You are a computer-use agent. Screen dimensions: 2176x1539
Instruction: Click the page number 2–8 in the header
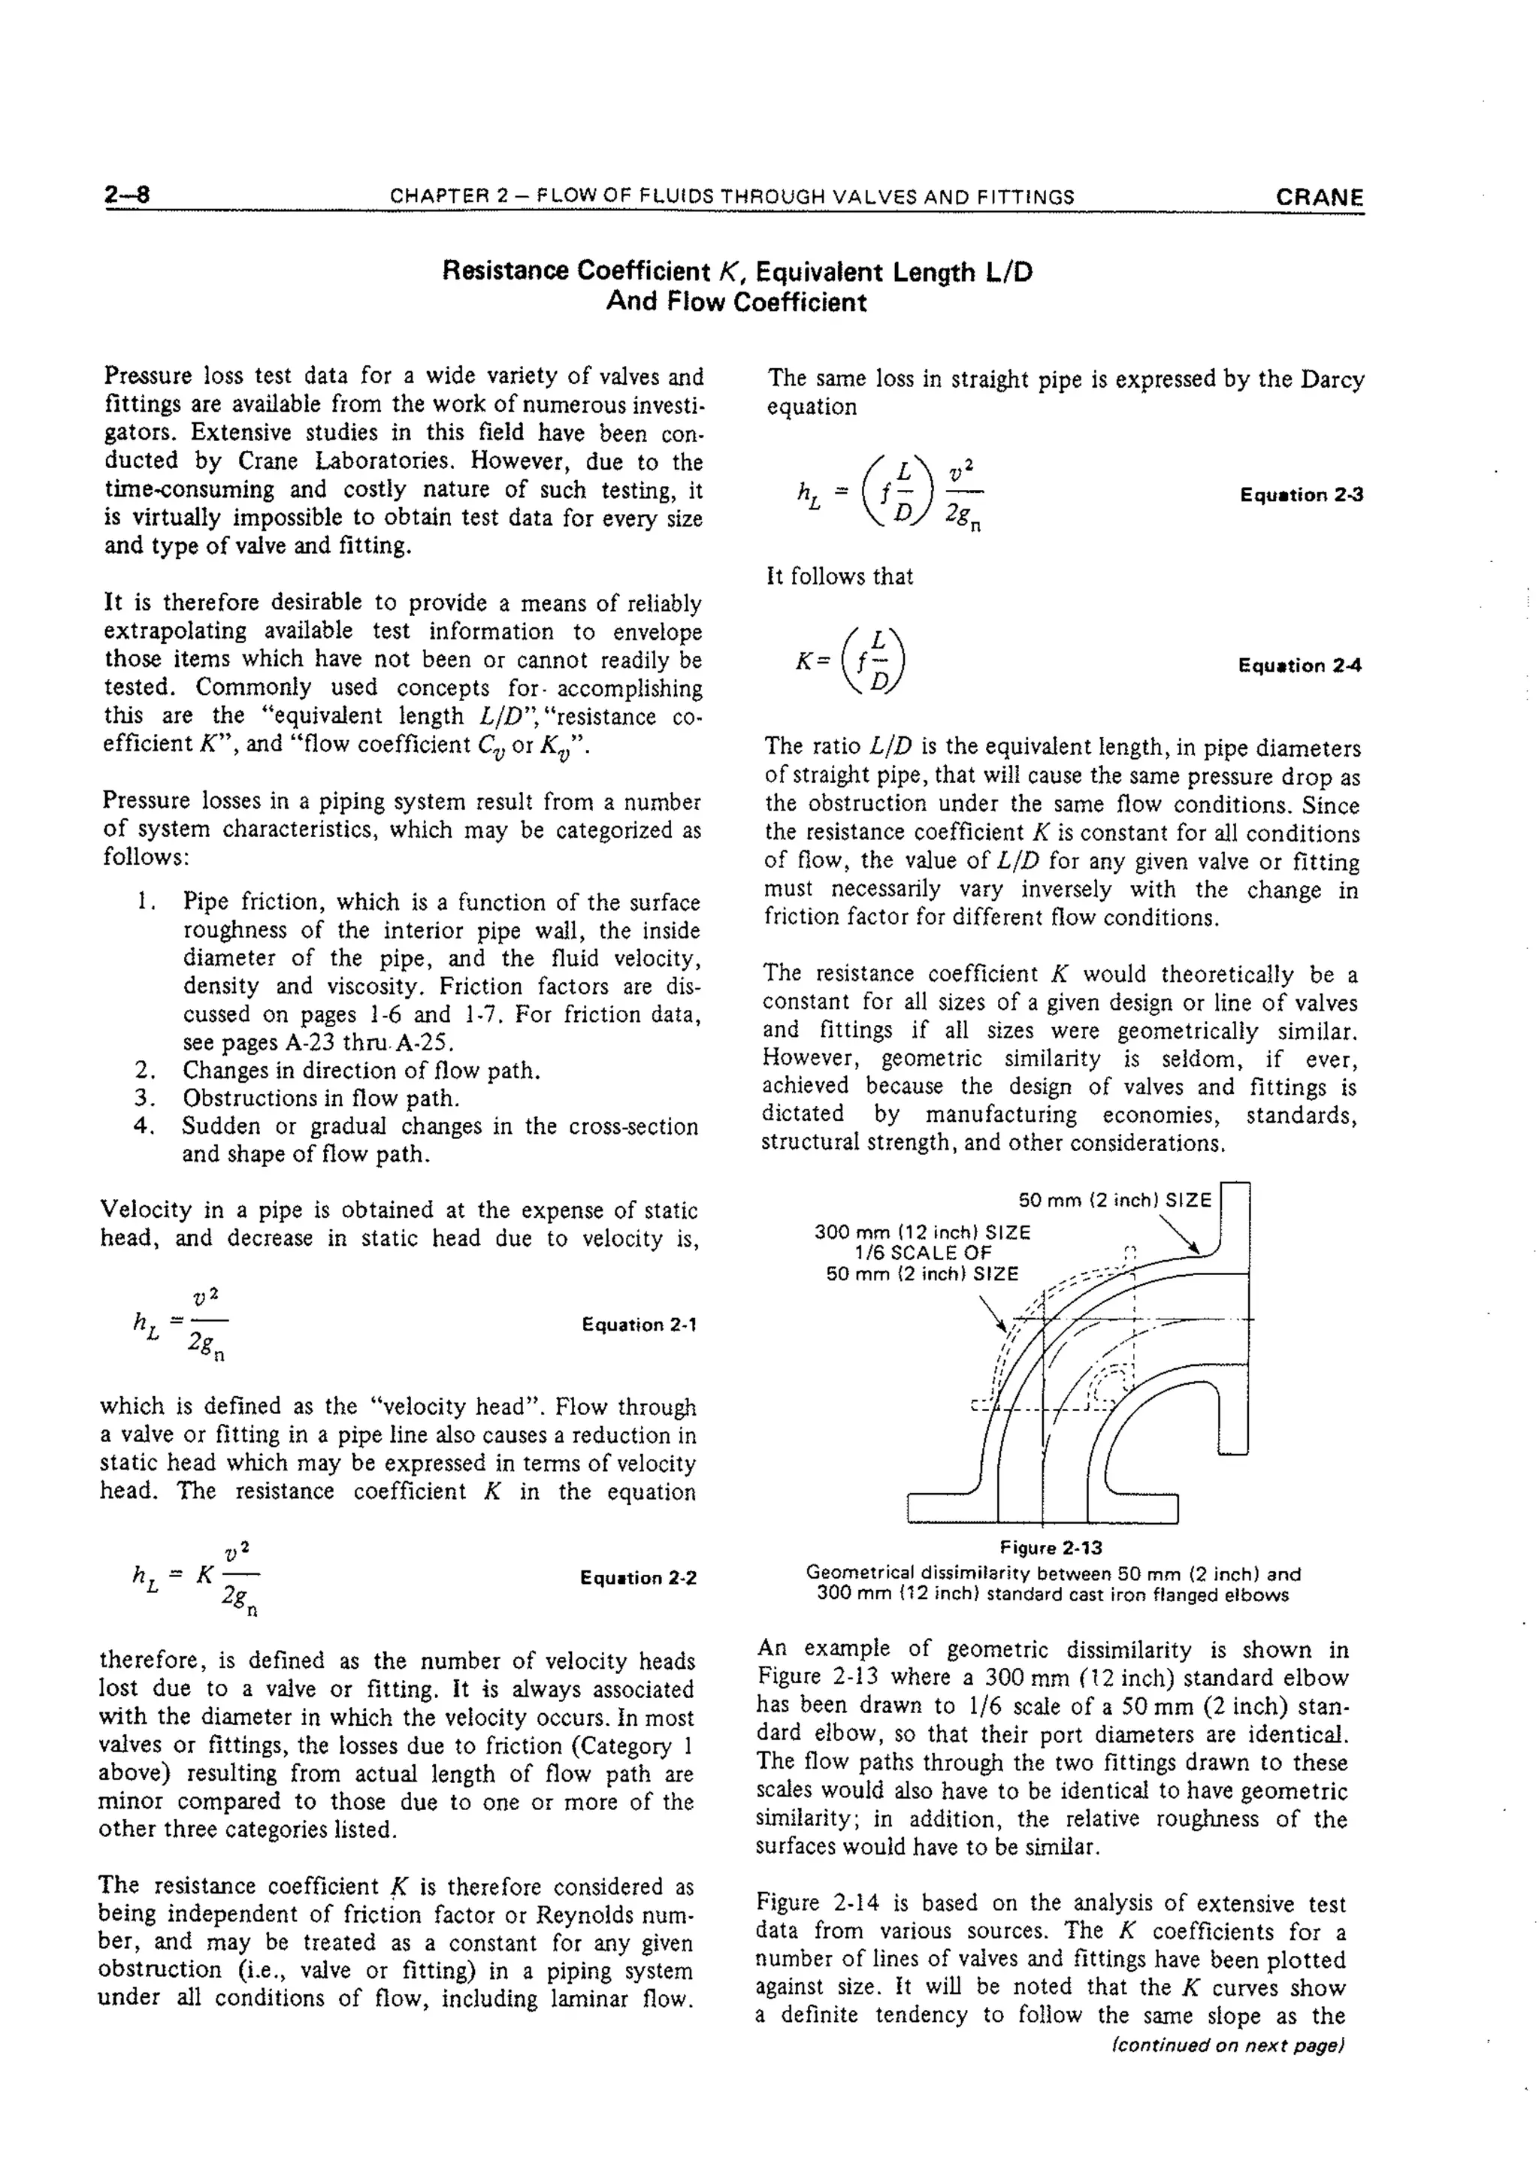(127, 195)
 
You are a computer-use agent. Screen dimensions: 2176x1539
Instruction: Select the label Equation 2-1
(639, 1324)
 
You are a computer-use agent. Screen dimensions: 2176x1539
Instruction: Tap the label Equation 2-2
(638, 1578)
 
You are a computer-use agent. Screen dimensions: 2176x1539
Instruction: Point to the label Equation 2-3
(1300, 494)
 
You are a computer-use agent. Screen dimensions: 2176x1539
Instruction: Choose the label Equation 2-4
(1299, 665)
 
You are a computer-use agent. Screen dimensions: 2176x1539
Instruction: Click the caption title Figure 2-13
(1051, 1548)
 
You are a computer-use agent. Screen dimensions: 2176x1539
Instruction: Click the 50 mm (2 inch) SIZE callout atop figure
(1114, 1200)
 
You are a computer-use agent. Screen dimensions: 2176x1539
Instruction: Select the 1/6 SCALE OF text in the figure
(922, 1253)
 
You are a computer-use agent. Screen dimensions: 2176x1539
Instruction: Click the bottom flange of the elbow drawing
(1042, 1507)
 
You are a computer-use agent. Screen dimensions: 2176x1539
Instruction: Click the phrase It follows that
(839, 576)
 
